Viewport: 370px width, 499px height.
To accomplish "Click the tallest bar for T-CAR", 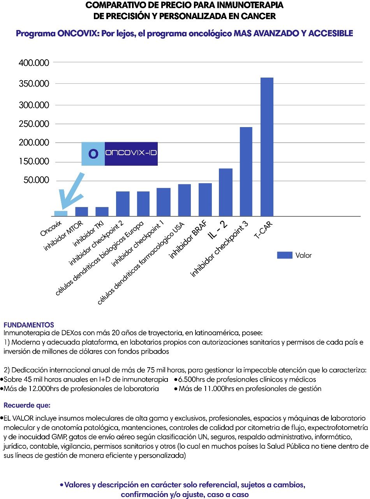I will [267, 147].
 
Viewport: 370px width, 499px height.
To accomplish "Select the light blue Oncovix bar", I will [61, 213].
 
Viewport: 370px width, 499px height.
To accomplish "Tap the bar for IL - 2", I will [226, 192].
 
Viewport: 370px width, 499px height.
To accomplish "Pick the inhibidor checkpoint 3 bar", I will [246, 172].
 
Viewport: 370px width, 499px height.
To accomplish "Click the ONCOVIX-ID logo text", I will [131, 154].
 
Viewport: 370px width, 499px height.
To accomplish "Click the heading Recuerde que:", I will [27, 405].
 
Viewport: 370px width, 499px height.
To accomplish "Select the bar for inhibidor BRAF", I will [205, 199].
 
